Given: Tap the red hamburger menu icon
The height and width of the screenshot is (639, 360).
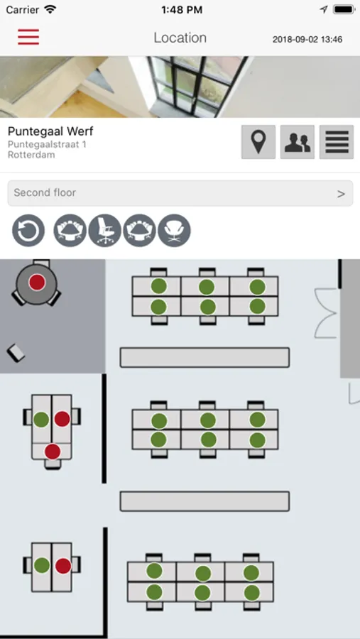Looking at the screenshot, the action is (28, 37).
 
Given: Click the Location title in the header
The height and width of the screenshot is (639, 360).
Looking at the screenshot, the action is (180, 38).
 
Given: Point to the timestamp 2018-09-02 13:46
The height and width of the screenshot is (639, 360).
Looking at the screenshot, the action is (307, 40).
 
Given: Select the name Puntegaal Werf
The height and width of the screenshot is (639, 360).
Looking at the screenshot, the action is (50, 131).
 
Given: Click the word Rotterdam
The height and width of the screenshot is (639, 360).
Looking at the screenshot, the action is (31, 155).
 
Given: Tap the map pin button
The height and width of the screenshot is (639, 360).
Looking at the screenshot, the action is (258, 142).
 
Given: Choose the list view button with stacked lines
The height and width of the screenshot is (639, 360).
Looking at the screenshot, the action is (337, 142).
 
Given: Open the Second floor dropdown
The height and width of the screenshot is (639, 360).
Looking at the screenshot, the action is (180, 193).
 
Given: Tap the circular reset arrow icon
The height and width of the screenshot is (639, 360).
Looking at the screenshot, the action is (28, 231).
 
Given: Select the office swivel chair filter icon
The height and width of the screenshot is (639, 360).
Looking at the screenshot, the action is (105, 231).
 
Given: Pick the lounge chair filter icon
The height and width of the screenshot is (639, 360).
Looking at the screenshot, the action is (174, 231).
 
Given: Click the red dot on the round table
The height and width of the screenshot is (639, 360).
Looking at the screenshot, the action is (37, 283).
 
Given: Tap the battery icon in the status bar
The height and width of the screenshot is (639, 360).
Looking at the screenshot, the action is (343, 10).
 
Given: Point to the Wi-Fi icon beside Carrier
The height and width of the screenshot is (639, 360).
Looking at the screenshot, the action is (50, 9).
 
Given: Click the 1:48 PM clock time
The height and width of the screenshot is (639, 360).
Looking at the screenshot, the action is (182, 10).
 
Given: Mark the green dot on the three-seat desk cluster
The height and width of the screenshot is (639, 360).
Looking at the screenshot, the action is (41, 420).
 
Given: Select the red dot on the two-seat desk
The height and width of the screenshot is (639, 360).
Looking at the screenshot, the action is (63, 566).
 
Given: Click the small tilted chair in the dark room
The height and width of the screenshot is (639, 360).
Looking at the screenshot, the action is (16, 353).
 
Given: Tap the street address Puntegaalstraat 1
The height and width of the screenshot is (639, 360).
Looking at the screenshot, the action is (47, 144).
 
